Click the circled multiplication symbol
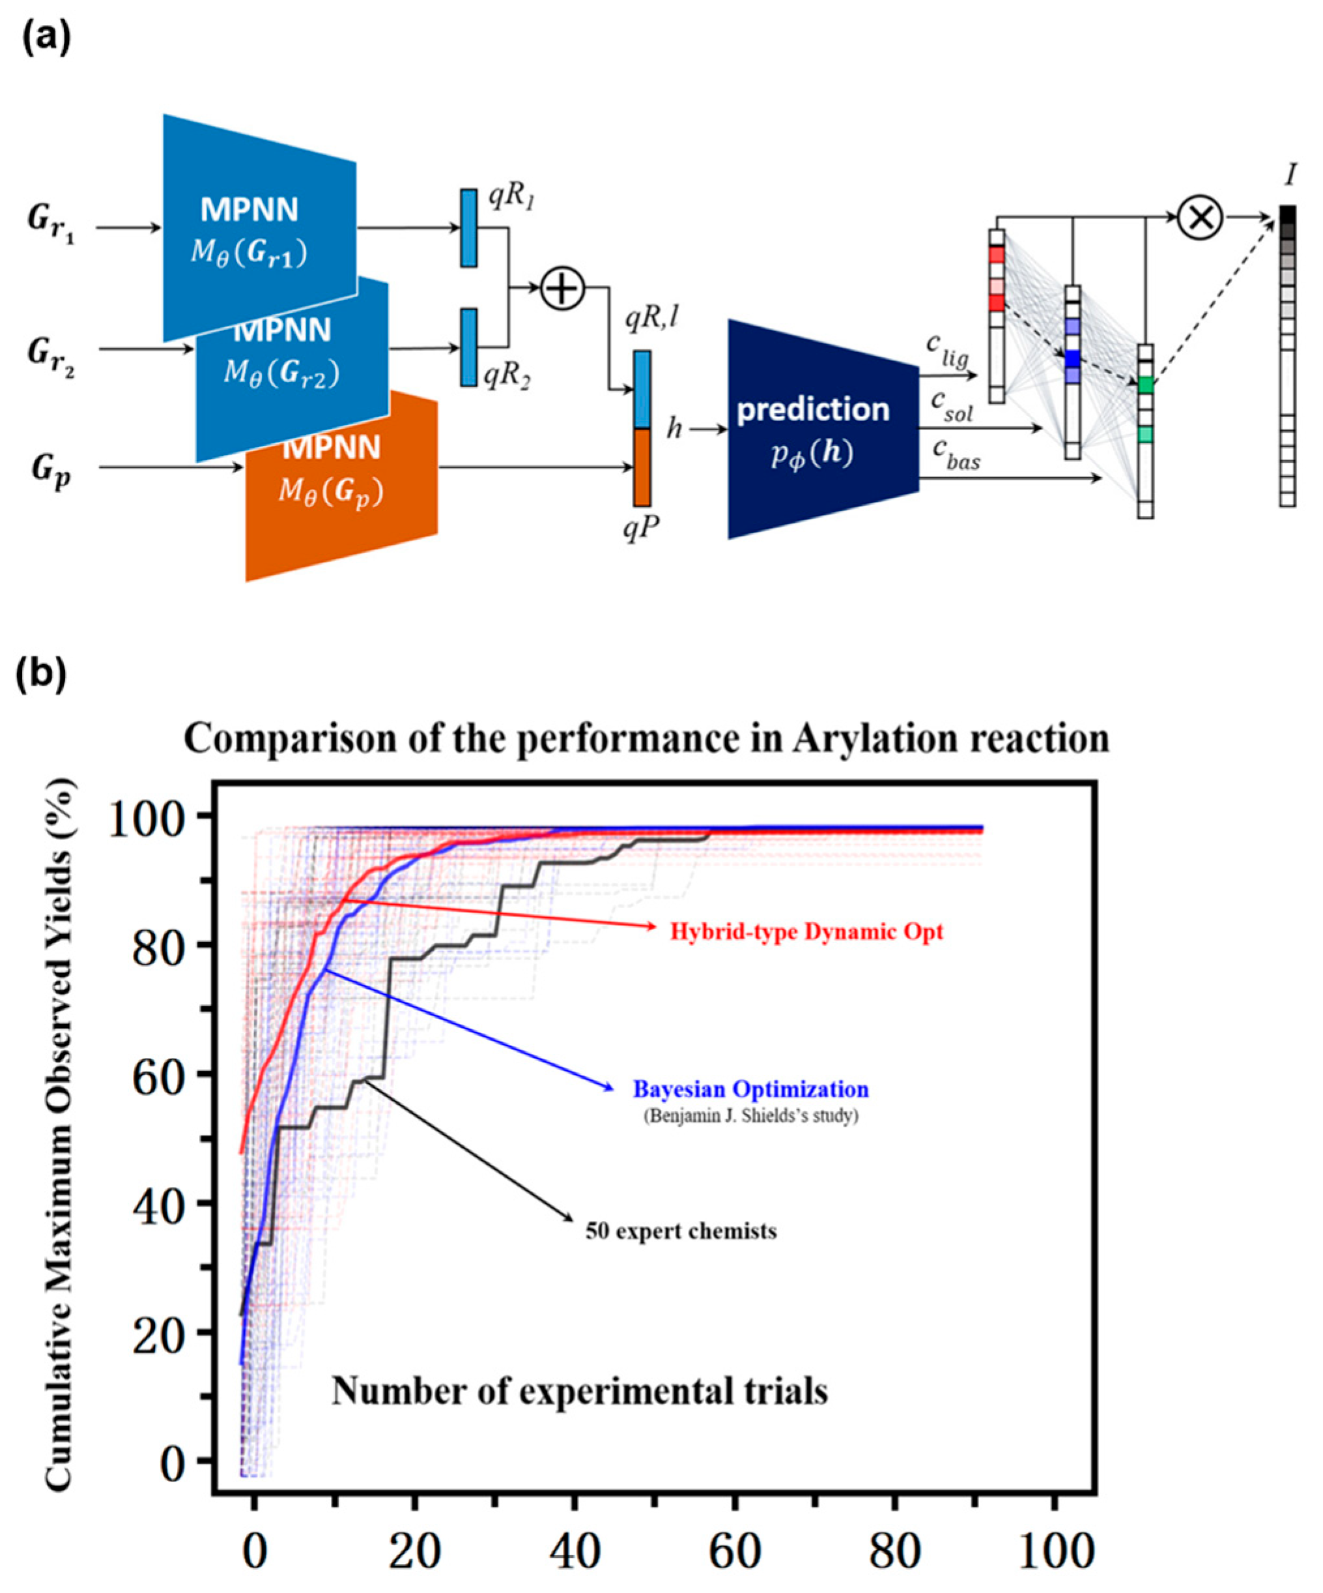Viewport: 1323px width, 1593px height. tap(1200, 217)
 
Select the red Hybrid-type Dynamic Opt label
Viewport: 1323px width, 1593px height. tap(806, 931)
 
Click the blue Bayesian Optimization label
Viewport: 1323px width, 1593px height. tap(750, 1089)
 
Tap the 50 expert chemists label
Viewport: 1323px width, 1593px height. tap(681, 1231)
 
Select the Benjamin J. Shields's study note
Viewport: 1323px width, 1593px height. tap(750, 1117)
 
